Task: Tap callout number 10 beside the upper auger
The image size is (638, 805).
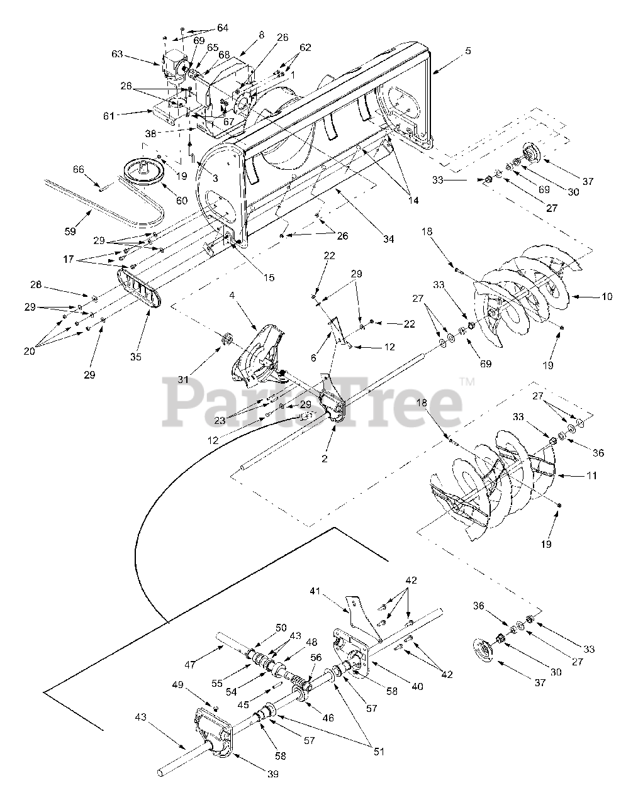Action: click(607, 296)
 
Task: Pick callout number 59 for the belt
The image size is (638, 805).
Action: click(70, 231)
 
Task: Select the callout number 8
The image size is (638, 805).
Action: click(260, 36)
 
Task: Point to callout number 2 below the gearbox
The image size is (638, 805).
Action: click(325, 459)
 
